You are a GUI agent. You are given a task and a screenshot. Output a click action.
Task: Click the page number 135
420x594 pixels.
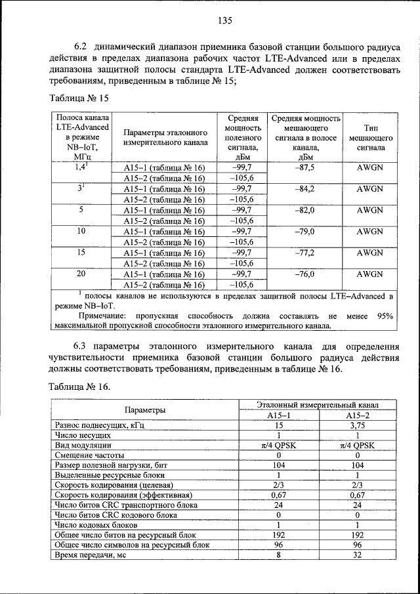click(226, 20)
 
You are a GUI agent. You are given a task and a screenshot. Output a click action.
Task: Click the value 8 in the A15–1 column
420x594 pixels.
click(278, 555)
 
